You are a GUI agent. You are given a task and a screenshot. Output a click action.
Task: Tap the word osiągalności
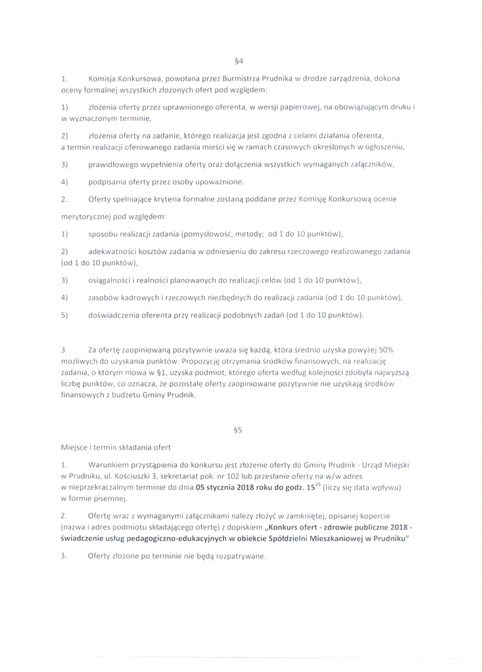pos(112,280)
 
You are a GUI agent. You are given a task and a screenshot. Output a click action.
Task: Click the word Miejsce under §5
pos(76,448)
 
